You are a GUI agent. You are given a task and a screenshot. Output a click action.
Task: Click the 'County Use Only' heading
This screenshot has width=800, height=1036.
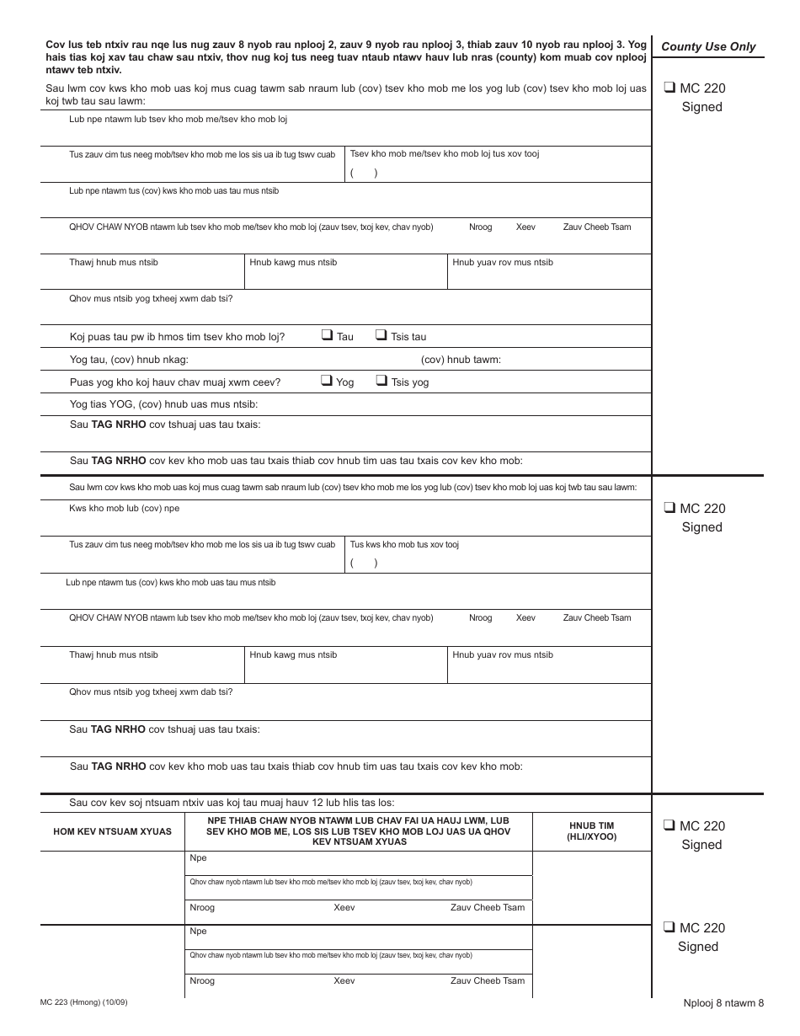coord(708,47)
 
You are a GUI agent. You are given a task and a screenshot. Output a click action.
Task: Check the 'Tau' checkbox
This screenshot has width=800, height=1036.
coord(327,335)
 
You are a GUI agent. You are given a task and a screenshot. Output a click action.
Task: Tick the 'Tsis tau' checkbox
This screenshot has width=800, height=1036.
coord(381,335)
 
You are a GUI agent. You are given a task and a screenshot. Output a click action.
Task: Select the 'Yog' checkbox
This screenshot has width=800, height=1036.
coord(327,381)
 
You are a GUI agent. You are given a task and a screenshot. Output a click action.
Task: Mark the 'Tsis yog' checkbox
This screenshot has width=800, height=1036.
coord(381,381)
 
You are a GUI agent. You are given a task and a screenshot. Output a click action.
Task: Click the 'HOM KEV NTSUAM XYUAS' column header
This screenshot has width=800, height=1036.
coord(112,831)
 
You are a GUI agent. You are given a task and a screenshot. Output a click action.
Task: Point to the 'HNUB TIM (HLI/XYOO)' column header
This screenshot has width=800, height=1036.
coord(593,831)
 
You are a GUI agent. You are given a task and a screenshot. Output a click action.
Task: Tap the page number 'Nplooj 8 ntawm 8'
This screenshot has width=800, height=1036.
coord(723,1002)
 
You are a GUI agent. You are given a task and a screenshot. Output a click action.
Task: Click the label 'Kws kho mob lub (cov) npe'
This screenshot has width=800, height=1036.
coord(124,509)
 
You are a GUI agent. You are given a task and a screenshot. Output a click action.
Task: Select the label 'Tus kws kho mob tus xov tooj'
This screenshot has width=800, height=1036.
coord(404,545)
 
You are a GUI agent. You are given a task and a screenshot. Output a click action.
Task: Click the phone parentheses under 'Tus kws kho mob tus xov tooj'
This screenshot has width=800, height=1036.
coord(364,563)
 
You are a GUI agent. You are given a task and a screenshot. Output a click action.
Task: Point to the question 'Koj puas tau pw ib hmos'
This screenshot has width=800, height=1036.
coord(177,337)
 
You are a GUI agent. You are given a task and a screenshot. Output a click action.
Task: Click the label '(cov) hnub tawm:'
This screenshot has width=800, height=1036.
coord(461,360)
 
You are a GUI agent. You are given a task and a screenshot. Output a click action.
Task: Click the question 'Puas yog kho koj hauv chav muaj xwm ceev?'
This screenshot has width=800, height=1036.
coord(174,382)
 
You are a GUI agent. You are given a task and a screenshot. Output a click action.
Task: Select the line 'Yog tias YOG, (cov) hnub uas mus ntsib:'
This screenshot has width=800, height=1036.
coord(157,405)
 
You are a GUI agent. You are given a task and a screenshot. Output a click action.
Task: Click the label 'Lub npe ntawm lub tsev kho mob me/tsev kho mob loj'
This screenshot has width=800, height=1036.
coord(178,120)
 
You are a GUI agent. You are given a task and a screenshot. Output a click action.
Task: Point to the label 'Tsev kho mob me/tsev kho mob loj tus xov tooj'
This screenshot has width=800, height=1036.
coord(445,154)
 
